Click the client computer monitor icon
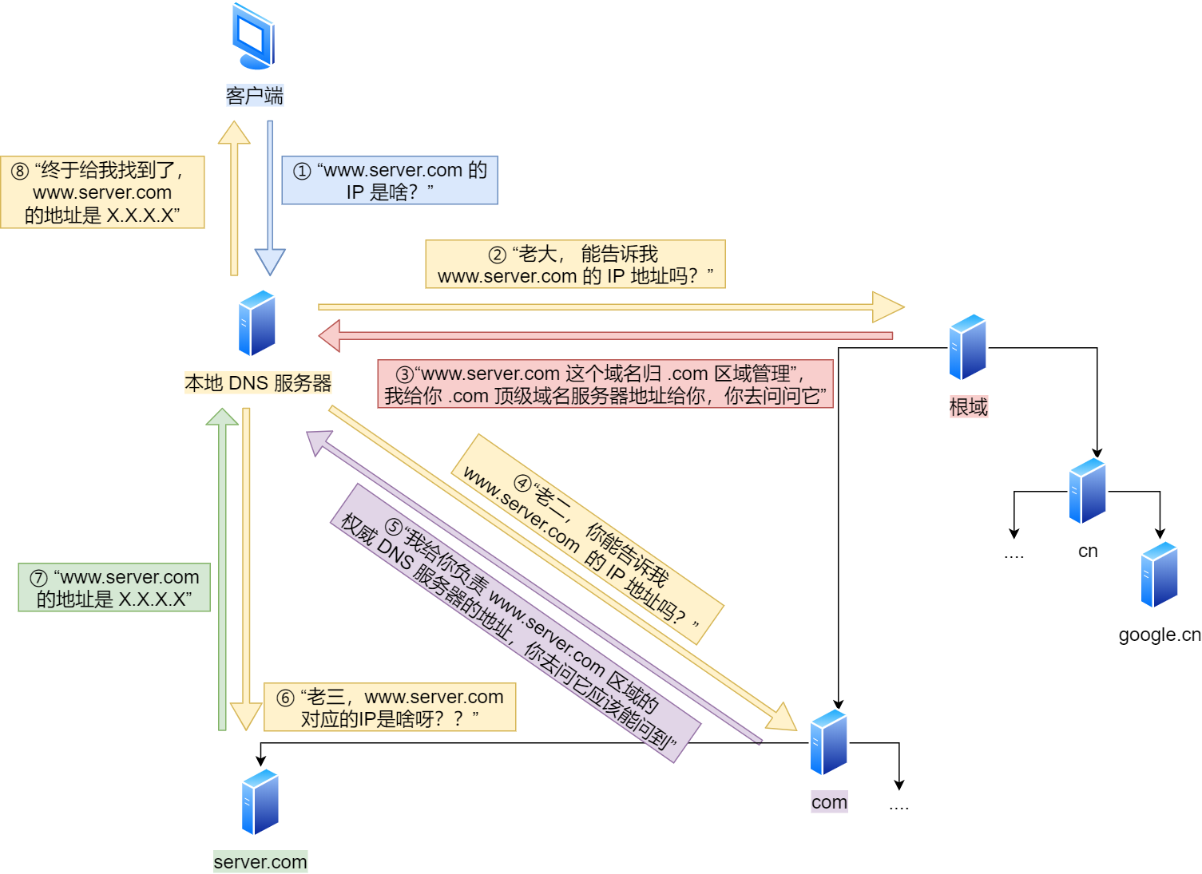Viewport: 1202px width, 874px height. (x=254, y=37)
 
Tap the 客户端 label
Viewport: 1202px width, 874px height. (x=254, y=96)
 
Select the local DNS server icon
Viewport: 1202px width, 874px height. (x=257, y=323)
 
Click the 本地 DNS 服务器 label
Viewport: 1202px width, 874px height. (x=257, y=383)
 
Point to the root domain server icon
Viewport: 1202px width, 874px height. (x=967, y=347)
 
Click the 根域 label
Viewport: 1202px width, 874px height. (x=968, y=407)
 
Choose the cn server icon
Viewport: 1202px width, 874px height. (x=1087, y=491)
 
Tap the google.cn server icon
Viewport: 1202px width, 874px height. (x=1160, y=575)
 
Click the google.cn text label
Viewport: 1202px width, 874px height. (x=1159, y=635)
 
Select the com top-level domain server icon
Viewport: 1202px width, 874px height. (x=828, y=742)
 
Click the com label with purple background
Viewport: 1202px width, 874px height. (x=829, y=802)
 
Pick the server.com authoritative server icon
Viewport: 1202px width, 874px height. (x=260, y=802)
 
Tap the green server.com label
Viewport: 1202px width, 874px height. (x=260, y=862)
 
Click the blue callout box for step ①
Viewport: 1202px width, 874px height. (x=390, y=180)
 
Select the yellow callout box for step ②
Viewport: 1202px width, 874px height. (x=575, y=264)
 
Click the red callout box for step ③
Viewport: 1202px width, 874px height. (x=605, y=384)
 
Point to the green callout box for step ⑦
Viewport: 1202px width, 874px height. (x=114, y=587)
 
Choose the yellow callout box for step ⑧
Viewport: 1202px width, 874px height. (x=102, y=192)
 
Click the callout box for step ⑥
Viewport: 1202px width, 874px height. (x=390, y=707)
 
